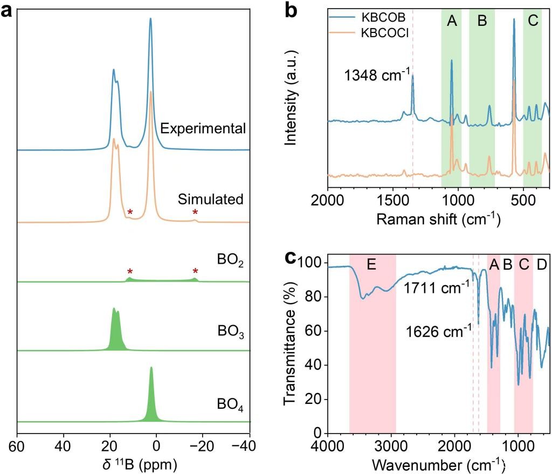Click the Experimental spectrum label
pos(203,128)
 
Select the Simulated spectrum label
pos(211,199)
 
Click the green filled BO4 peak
pos(151,399)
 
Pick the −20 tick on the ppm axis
pos(203,448)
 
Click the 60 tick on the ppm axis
pos(17,448)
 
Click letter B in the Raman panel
pos(482,22)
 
